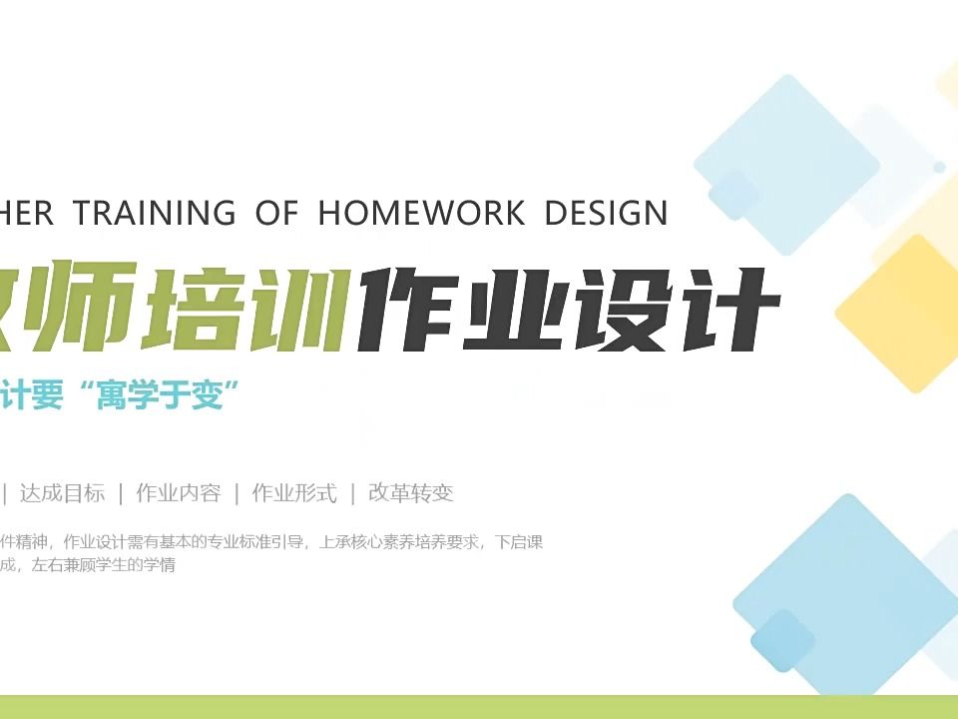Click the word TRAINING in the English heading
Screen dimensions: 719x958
click(x=155, y=213)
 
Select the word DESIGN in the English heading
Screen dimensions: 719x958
click(x=606, y=213)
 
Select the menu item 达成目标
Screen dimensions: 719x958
click(x=62, y=492)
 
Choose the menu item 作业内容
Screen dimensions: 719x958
click(x=178, y=492)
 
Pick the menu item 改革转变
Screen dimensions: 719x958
click(x=410, y=492)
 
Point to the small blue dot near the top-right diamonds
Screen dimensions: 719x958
click(x=939, y=167)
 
